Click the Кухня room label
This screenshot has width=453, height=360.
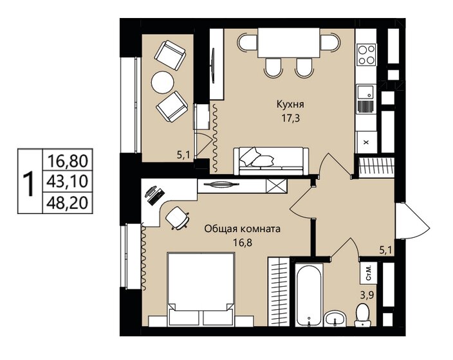coord(290,105)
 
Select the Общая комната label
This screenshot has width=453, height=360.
coord(242,230)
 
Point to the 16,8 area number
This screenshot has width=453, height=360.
coord(243,242)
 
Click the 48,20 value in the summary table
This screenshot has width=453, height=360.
coord(68,203)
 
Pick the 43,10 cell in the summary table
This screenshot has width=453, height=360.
coord(68,181)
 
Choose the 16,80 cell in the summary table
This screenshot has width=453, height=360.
coord(68,161)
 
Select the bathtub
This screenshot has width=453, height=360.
coord(309,294)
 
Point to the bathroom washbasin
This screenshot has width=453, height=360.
coord(335,319)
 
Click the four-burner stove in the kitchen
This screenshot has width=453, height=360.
coord(367,55)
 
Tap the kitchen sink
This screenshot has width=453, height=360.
coord(365,93)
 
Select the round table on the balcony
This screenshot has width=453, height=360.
coord(163,82)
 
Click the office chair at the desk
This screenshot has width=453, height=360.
coord(177,219)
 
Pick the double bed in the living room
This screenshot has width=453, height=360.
coord(201,289)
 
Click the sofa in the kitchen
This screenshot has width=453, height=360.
coord(271,161)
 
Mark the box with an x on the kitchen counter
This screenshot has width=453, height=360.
coord(366,142)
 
